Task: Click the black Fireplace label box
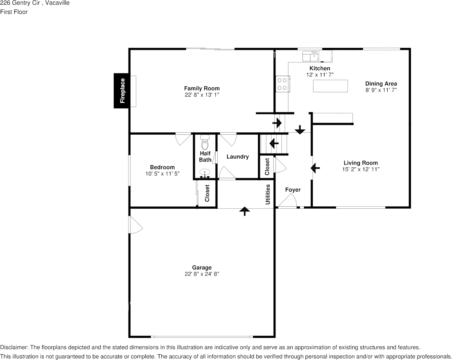(x=122, y=90)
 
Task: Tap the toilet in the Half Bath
(x=205, y=143)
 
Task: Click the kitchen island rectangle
(x=330, y=86)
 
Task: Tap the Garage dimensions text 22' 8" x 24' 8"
(x=202, y=274)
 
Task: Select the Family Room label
(x=202, y=88)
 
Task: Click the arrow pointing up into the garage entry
(x=244, y=211)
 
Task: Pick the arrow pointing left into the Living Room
(x=315, y=167)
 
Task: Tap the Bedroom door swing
(x=183, y=139)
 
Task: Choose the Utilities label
(x=268, y=194)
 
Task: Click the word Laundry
(x=237, y=157)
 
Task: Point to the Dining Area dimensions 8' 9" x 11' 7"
(x=381, y=90)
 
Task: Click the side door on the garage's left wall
(x=135, y=225)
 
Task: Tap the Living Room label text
(x=360, y=163)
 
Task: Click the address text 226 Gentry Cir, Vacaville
(x=35, y=3)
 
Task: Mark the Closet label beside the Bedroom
(x=207, y=193)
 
